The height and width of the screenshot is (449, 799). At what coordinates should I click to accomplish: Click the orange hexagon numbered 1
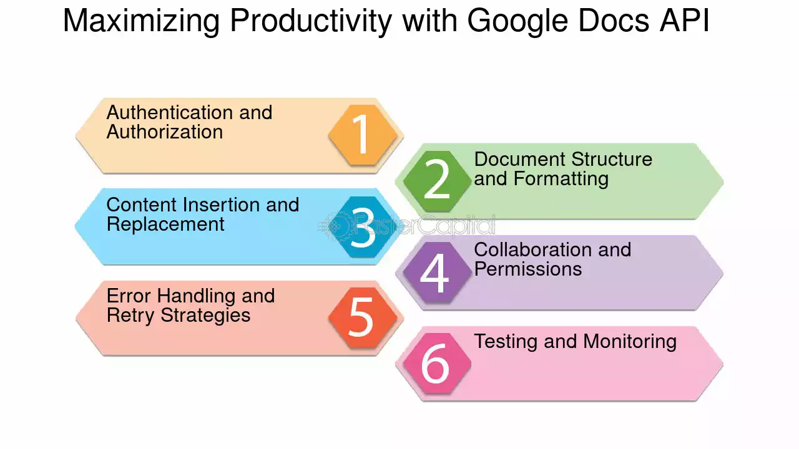tap(363, 135)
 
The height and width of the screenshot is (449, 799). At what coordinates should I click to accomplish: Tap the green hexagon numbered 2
tap(438, 181)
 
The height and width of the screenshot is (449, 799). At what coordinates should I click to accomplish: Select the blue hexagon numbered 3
tap(363, 226)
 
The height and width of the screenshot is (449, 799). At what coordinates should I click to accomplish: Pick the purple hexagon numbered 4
tap(438, 273)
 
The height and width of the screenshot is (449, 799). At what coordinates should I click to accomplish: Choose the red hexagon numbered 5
tap(363, 318)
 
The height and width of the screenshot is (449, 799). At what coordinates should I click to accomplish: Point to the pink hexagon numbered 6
tap(438, 364)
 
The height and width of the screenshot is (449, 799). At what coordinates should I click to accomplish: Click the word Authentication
tap(170, 113)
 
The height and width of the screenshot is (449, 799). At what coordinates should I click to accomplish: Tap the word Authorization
tap(165, 132)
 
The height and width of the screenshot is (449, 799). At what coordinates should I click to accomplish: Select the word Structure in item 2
tap(612, 159)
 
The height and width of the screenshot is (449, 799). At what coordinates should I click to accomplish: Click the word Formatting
tap(561, 179)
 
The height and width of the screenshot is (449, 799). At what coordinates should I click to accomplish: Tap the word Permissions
tap(528, 269)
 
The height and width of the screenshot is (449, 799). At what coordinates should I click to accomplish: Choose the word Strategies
tap(205, 316)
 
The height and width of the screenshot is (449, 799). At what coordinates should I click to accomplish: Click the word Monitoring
tap(630, 342)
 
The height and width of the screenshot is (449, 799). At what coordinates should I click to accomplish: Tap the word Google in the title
tap(517, 21)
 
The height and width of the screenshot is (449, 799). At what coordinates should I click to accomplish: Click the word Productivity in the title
tap(311, 21)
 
